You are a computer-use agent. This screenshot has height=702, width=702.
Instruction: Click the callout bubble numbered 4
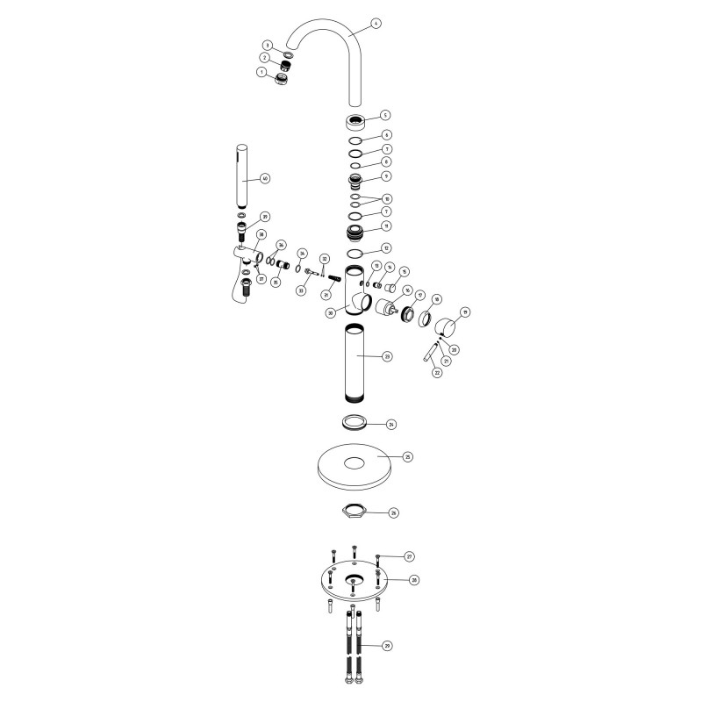(376, 24)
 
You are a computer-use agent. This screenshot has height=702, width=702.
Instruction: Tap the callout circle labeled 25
(407, 456)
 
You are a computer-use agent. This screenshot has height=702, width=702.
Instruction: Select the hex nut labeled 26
(353, 511)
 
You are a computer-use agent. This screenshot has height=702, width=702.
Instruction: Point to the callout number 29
(387, 645)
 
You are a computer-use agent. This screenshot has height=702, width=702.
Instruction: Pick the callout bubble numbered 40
(266, 178)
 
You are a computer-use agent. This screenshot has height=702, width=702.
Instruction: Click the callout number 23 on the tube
(387, 356)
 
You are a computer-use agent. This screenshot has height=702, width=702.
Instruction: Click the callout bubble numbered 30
(331, 312)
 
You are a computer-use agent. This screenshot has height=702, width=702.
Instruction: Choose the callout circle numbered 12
(387, 249)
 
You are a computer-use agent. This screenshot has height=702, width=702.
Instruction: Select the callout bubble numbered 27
(409, 556)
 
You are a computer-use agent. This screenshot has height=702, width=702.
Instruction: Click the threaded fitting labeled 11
(355, 233)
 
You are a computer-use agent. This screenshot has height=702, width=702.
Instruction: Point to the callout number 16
(407, 289)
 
